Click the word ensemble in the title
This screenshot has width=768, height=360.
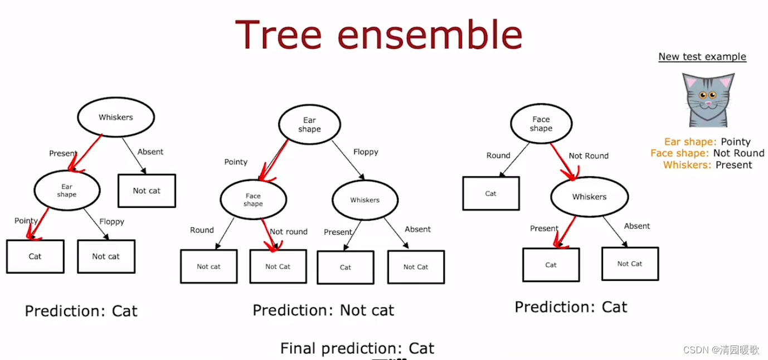coord(430,35)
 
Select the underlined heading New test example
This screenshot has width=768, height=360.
coord(702,56)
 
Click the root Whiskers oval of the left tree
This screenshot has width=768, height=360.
coord(115,117)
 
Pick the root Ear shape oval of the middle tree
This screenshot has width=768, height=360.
coord(309,124)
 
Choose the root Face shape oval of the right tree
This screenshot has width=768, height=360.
coord(541,124)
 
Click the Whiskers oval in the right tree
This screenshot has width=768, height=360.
coord(589,197)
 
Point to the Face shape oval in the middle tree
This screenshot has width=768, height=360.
coord(253,200)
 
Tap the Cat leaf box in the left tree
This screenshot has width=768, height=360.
coord(35,256)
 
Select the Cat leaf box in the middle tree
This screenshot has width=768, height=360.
coord(346,267)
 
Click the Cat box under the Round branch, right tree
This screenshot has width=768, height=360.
coord(490,193)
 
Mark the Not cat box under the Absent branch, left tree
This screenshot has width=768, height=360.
coord(147,191)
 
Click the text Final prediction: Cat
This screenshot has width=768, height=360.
coord(357,348)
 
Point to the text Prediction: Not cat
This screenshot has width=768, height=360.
coord(323,310)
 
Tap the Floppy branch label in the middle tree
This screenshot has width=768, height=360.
coord(366,152)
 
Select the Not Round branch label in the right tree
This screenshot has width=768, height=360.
coord(589,156)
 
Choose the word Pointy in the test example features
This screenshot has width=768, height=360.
coord(735,142)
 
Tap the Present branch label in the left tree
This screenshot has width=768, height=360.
coord(63,153)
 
